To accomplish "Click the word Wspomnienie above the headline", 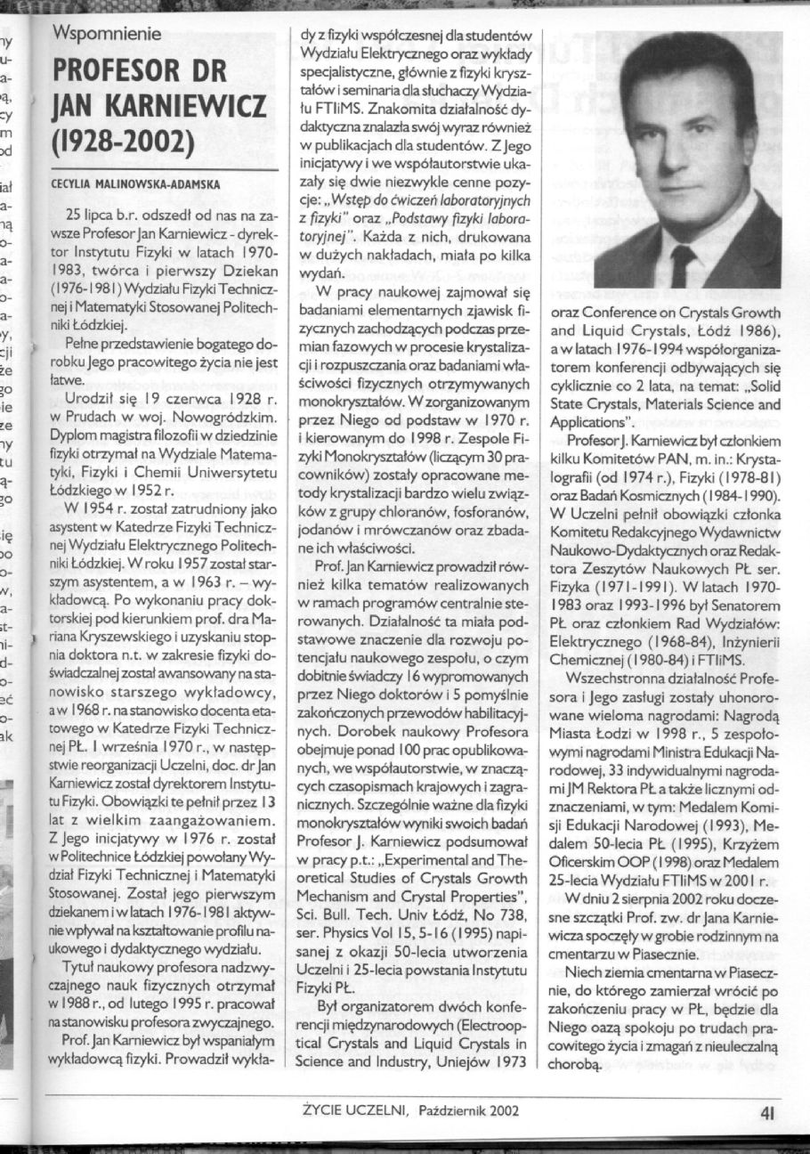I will click(107, 35).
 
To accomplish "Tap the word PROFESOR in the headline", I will click(117, 72).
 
